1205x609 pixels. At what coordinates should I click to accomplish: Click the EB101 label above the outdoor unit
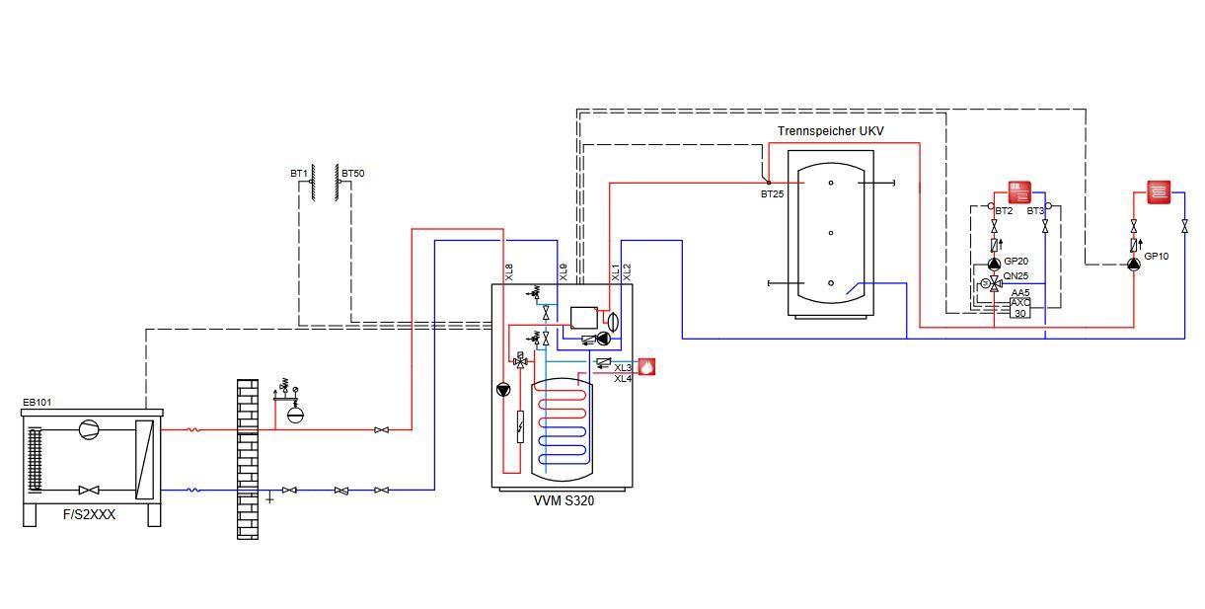38,402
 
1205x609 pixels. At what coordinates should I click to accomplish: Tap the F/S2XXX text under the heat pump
89,515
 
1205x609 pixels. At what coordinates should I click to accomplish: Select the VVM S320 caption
564,500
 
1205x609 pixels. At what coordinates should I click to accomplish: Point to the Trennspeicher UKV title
831,130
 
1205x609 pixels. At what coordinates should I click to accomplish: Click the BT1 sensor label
299,174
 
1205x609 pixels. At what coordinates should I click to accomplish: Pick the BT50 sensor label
353,174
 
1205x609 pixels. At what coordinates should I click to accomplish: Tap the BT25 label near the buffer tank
772,194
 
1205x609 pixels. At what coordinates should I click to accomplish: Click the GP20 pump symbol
994,265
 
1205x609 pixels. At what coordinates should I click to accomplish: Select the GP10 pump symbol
1134,265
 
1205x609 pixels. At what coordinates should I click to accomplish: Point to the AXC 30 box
1019,308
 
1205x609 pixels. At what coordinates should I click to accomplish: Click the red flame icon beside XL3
646,367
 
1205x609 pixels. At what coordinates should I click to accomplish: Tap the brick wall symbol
248,459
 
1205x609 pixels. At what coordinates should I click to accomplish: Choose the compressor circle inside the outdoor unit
89,429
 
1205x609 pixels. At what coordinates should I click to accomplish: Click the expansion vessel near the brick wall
295,415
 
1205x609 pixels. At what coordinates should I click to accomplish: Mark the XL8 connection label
509,272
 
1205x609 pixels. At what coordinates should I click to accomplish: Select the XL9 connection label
564,272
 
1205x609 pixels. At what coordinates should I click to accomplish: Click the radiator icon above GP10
1159,192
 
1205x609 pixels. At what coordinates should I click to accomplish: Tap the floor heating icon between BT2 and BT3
1019,192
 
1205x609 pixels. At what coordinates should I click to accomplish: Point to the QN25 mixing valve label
1016,276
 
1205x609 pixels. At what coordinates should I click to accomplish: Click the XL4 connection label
623,379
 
